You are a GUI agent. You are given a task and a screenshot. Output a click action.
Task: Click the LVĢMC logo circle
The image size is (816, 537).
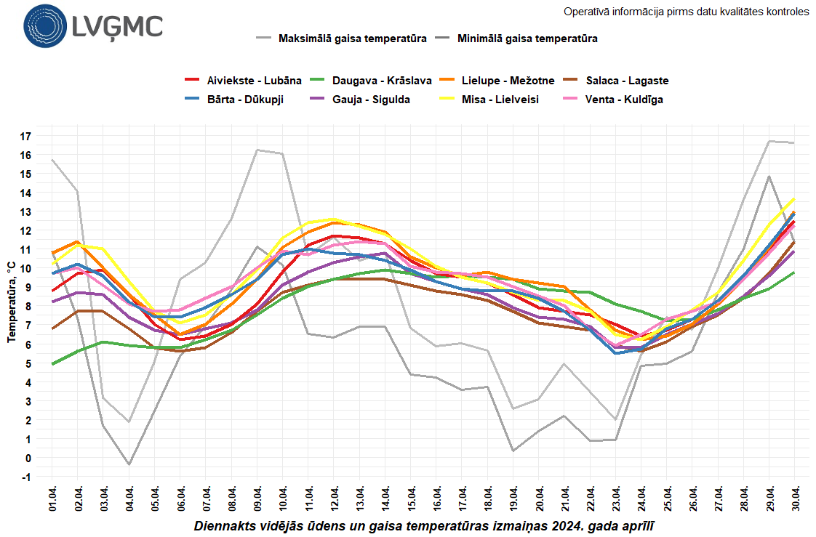click(x=44, y=26)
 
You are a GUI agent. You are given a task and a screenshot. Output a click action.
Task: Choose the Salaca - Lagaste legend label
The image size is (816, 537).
click(x=627, y=81)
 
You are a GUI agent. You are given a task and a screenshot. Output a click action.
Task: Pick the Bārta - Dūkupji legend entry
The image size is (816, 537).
click(x=245, y=100)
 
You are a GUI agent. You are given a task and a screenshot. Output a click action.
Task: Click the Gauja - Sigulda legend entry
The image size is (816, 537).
click(x=370, y=100)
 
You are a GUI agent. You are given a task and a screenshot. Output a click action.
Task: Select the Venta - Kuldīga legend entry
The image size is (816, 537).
click(x=624, y=100)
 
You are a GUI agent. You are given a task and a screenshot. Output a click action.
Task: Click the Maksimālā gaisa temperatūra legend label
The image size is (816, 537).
click(x=352, y=39)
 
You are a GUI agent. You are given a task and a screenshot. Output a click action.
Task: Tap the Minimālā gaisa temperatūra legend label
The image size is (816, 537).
click(x=527, y=39)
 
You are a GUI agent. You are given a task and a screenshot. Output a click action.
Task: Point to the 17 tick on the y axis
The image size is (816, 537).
click(x=25, y=136)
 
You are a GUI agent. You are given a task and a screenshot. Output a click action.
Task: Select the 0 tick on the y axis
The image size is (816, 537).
click(x=28, y=458)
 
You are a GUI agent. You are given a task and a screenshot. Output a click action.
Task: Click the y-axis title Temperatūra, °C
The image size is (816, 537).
click(x=12, y=303)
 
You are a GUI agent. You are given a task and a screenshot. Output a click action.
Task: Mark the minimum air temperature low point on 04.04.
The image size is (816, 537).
click(x=129, y=464)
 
